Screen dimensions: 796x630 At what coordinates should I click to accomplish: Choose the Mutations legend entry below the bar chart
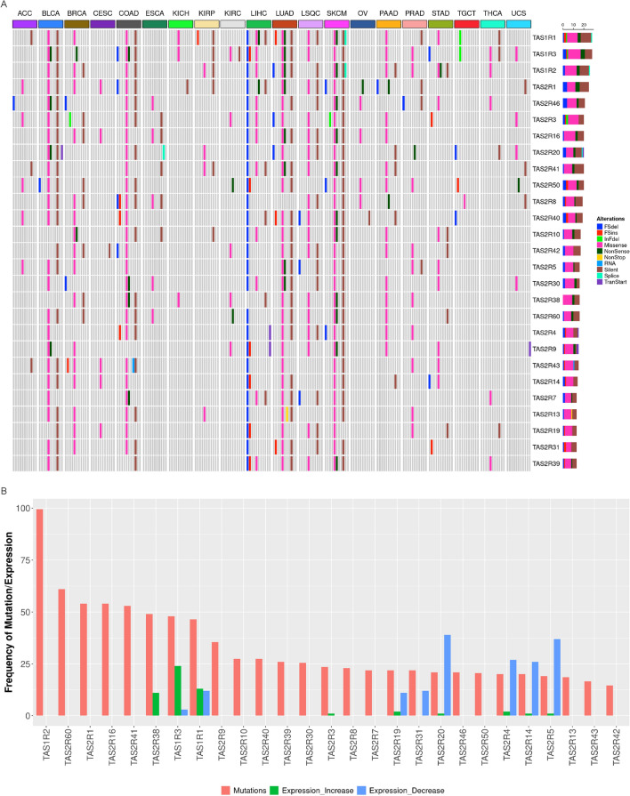tap(241, 789)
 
